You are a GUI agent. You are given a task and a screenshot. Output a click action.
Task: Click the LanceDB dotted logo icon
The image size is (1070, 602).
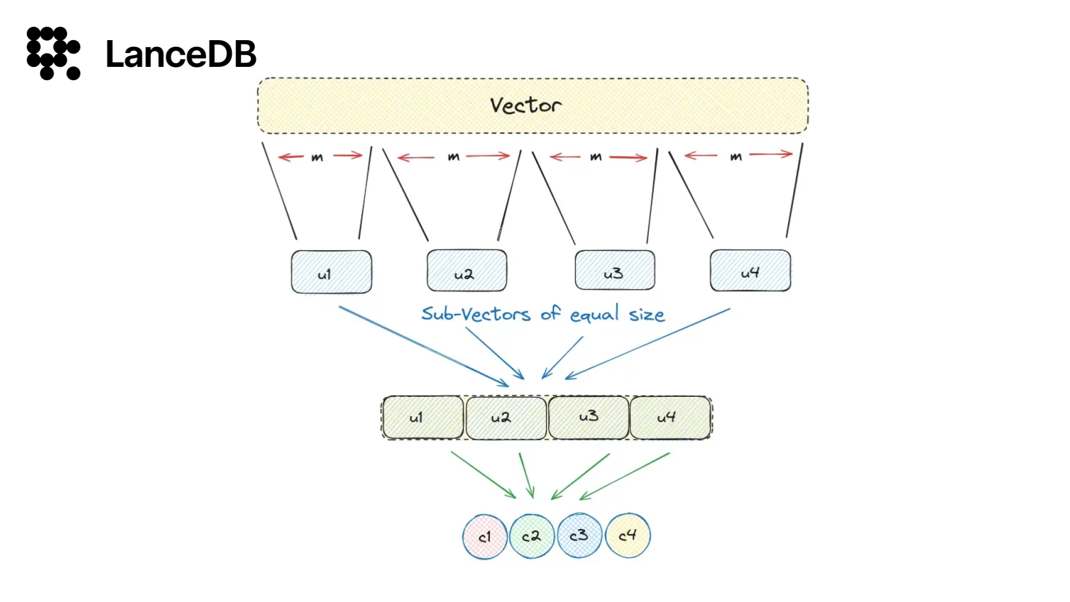53,54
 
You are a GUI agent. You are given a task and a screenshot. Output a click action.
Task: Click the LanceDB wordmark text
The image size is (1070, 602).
181,54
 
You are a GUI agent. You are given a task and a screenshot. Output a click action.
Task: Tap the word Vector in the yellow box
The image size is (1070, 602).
526,105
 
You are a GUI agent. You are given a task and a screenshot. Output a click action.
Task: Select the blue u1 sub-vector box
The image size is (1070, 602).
332,272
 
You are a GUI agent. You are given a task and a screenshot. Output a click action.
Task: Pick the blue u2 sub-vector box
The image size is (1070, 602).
467,271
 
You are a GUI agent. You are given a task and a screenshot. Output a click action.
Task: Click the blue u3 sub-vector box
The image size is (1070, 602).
615,270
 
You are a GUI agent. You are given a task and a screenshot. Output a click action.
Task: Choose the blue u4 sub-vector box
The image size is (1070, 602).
750,271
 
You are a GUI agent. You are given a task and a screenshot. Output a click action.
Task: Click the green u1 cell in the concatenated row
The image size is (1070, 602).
423,417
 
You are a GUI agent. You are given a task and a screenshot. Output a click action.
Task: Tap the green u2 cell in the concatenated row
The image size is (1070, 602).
506,418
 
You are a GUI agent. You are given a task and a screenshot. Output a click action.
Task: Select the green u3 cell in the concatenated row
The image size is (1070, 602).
588,417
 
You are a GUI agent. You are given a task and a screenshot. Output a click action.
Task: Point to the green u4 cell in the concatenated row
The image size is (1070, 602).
670,417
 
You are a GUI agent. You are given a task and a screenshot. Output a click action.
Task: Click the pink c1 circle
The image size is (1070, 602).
485,537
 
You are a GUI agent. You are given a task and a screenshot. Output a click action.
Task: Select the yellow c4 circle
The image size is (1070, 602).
628,536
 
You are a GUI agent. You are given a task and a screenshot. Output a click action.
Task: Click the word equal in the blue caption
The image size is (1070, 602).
594,315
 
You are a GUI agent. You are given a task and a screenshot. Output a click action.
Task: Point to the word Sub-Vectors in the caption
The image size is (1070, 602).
476,314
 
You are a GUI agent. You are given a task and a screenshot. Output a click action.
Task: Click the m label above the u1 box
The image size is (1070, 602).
317,158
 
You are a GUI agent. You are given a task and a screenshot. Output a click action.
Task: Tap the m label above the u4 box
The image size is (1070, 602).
736,157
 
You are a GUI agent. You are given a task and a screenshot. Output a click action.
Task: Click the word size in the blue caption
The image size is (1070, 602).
646,315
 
